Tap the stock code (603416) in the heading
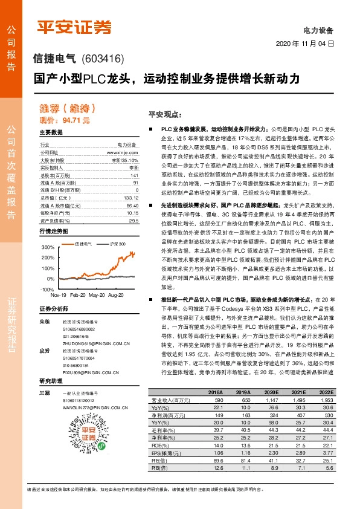102,59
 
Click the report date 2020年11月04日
305,44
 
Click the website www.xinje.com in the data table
123,153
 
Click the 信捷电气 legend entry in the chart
82,244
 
